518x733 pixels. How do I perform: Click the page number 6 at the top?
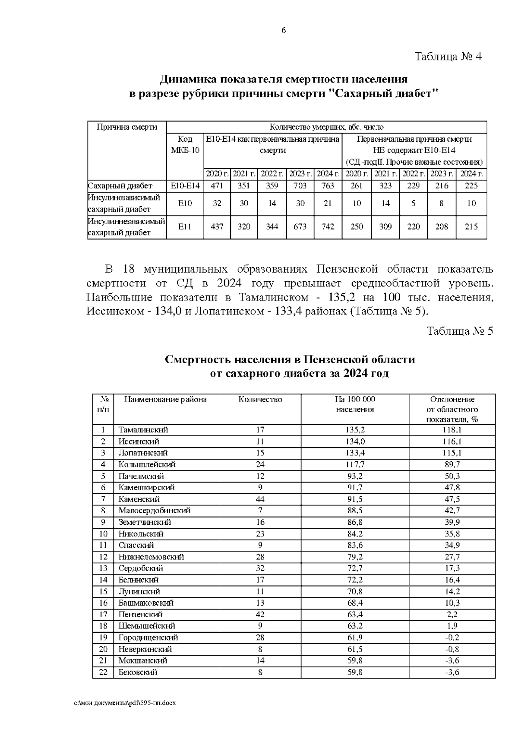pyautogui.click(x=284, y=31)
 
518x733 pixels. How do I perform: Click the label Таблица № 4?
pyautogui.click(x=448, y=57)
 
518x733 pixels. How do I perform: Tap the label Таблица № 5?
pyautogui.click(x=459, y=331)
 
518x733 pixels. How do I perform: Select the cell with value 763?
pyautogui.click(x=328, y=186)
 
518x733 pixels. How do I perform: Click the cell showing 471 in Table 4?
pyautogui.click(x=217, y=186)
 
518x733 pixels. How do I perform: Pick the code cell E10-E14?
pyautogui.click(x=185, y=186)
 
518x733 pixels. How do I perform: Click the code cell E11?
pyautogui.click(x=185, y=226)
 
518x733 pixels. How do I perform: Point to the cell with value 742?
pyautogui.click(x=328, y=226)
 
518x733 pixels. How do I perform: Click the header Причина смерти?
pyautogui.click(x=126, y=127)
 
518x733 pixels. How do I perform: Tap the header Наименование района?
pyautogui.click(x=165, y=400)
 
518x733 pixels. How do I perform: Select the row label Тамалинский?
pyautogui.click(x=143, y=430)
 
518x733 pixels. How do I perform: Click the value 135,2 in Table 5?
pyautogui.click(x=355, y=430)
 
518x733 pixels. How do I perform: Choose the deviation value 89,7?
pyautogui.click(x=452, y=464)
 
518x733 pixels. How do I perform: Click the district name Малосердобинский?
pyautogui.click(x=154, y=511)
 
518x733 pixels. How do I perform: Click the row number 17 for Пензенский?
pyautogui.click(x=103, y=614)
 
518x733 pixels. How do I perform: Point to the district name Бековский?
pyautogui.click(x=138, y=672)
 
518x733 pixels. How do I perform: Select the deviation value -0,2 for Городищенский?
pyautogui.click(x=452, y=638)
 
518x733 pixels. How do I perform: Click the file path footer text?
pyautogui.click(x=125, y=703)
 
